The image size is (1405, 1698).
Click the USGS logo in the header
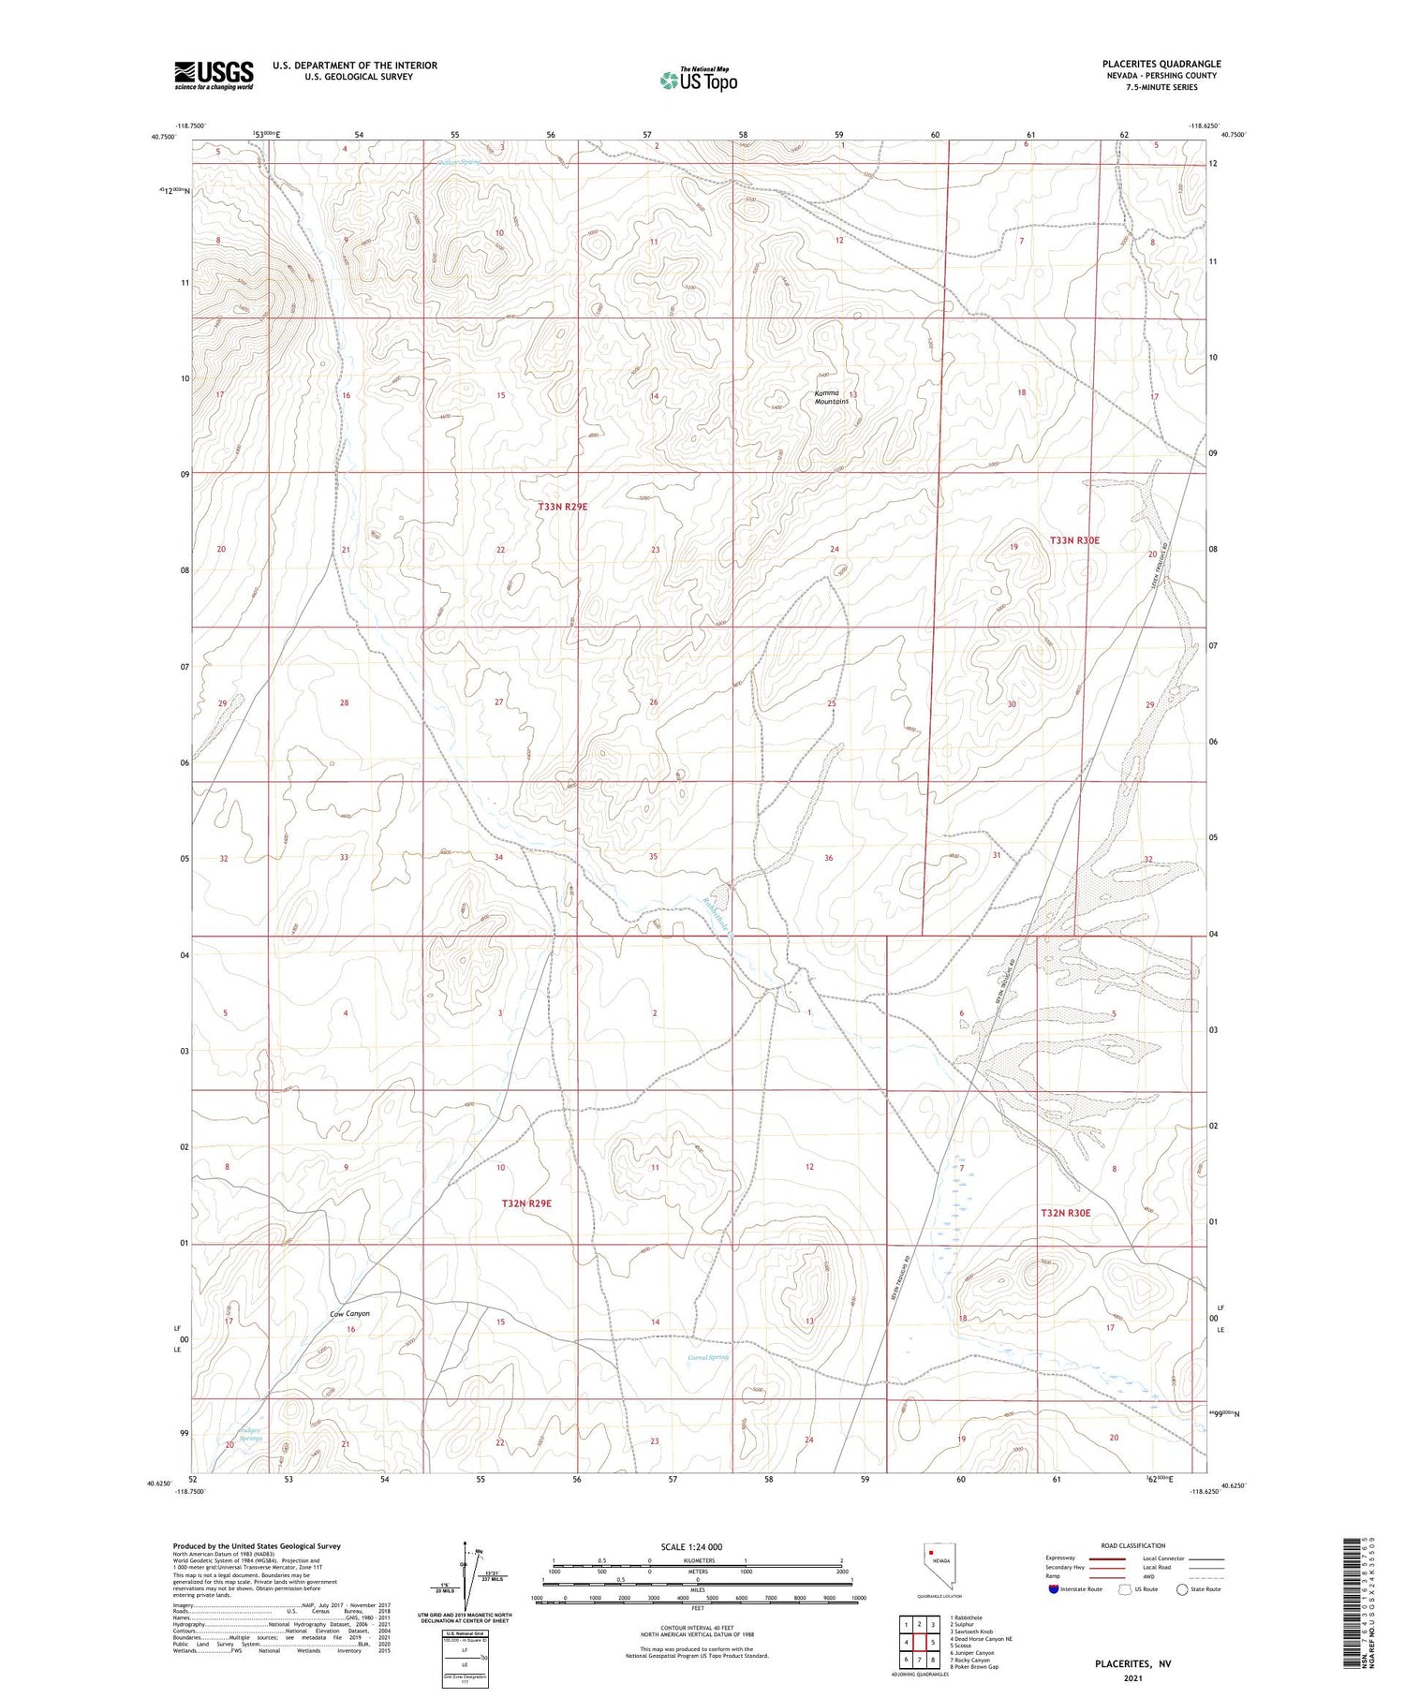point(214,75)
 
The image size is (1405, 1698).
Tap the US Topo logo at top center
point(698,81)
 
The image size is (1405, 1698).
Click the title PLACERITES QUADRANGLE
point(1161,64)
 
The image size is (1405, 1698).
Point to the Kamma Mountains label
point(831,397)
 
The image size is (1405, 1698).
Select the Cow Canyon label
point(350,1314)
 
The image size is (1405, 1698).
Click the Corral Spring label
point(708,1357)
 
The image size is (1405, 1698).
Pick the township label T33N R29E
point(563,507)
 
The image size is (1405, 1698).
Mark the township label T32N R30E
point(1066,1213)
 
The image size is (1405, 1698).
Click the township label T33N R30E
point(1074,540)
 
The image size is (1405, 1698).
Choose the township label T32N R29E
point(526,1203)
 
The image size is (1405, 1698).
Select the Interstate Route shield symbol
point(1054,1589)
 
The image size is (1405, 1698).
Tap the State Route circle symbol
point(1182,1589)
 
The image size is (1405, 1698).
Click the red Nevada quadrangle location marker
point(931,1552)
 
